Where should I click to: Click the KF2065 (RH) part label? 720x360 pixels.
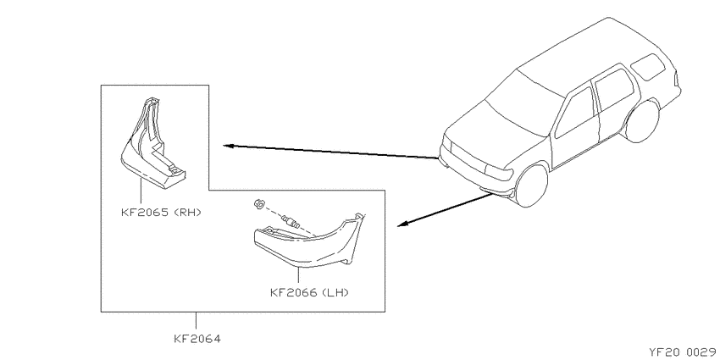[161, 213]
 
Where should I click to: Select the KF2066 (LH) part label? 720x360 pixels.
[309, 292]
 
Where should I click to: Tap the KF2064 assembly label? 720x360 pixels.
[197, 339]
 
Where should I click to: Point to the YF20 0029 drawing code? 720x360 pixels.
[683, 352]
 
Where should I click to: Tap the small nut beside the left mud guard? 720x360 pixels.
[258, 203]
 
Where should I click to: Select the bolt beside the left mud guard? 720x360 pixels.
[291, 221]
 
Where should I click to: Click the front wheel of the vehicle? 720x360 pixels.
[531, 185]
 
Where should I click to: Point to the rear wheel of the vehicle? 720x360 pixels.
[642, 121]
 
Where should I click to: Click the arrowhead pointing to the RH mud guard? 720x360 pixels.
[229, 146]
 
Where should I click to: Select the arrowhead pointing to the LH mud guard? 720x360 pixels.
[402, 224]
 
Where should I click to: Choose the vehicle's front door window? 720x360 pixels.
[574, 113]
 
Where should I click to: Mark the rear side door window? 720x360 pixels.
[615, 90]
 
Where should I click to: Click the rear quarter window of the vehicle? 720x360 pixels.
[648, 68]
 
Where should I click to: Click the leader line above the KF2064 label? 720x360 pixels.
[196, 321]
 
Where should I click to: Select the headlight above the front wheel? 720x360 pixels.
[498, 173]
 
